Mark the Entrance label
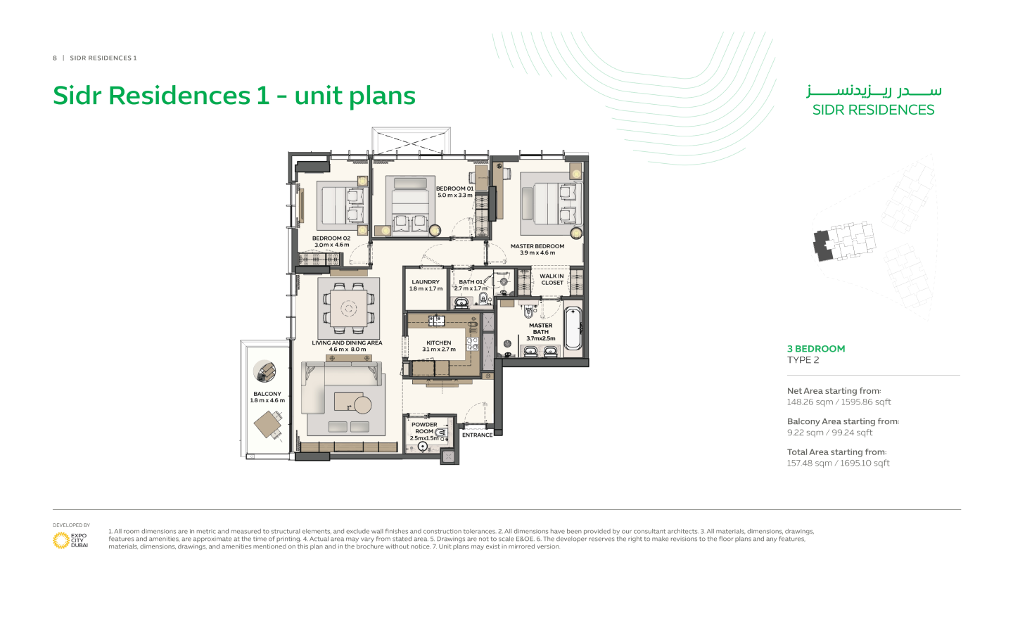477,435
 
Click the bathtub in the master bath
573,328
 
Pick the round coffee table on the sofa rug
362,404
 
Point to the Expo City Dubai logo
70,540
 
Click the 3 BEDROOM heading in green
816,349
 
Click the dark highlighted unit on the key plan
822,245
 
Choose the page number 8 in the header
55,58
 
